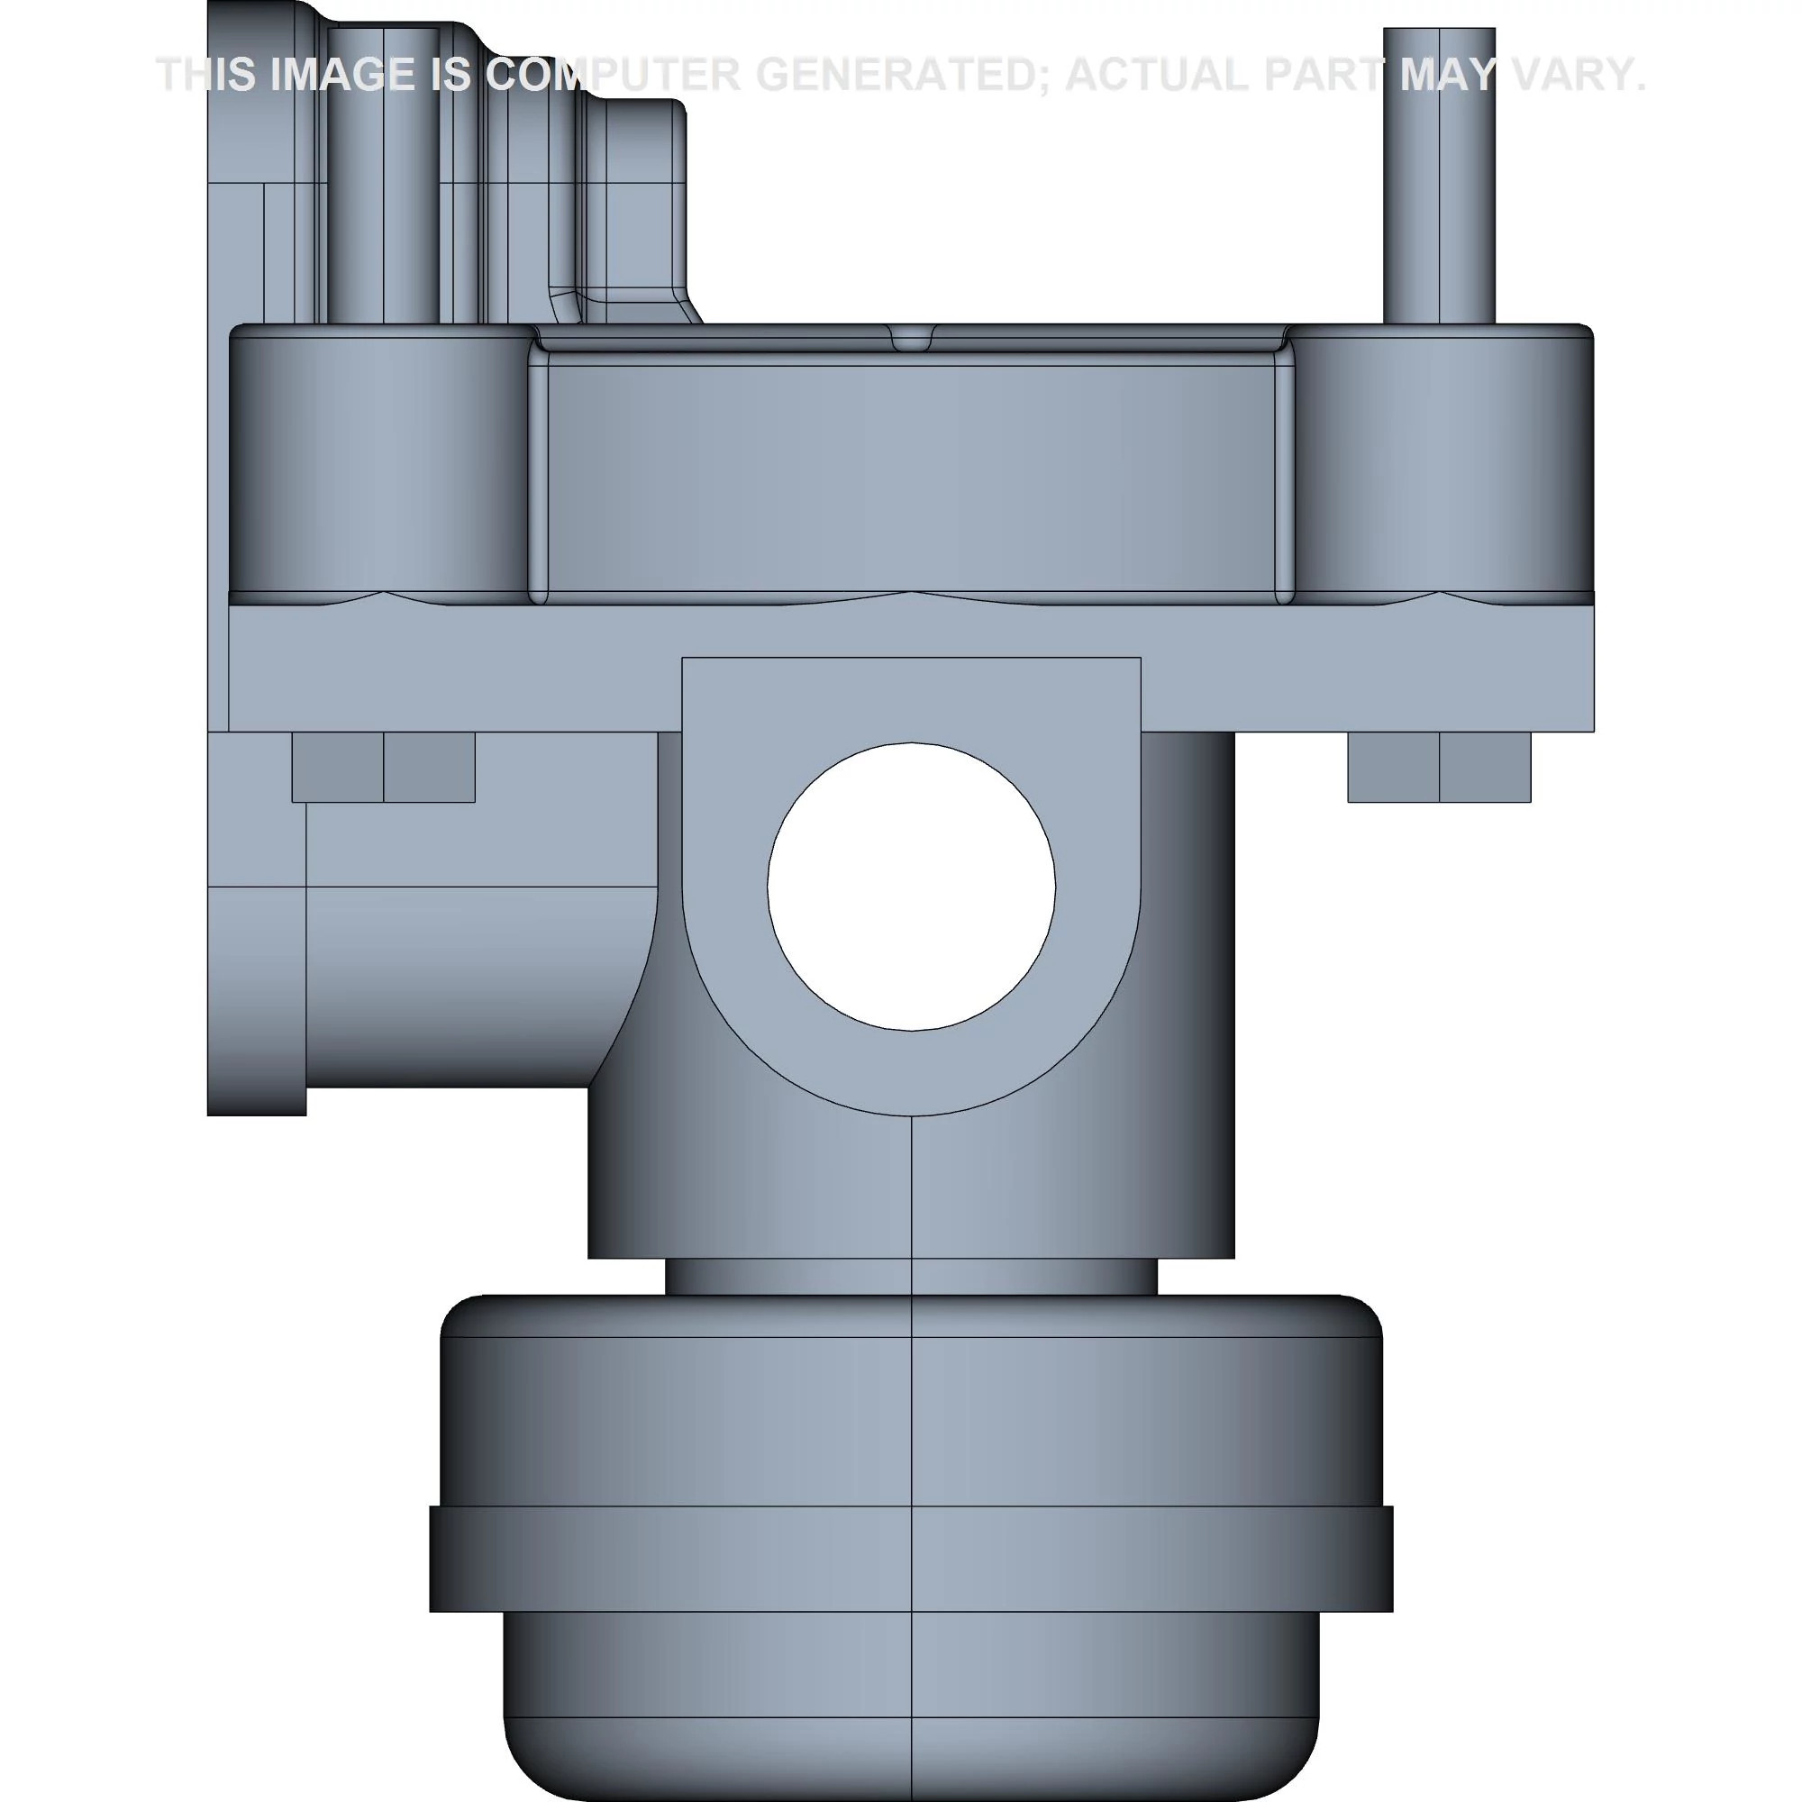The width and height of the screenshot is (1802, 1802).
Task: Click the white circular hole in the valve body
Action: [911, 887]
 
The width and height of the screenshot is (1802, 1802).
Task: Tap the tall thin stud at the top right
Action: [1439, 176]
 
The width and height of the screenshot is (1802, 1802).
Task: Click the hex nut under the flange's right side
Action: [1439, 767]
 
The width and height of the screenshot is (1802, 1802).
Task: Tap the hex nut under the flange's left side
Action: [383, 767]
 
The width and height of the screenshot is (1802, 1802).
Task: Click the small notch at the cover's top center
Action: [911, 337]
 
